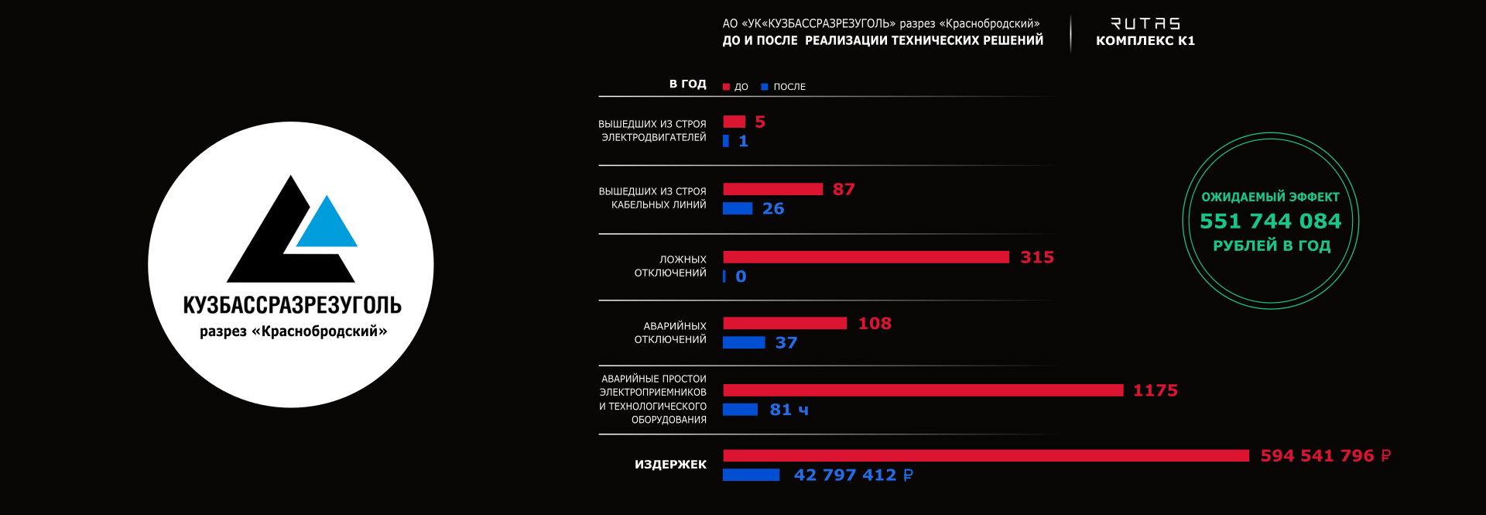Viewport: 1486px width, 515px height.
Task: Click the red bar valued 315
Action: pos(865,257)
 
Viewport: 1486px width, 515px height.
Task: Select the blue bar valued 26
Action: pos(738,208)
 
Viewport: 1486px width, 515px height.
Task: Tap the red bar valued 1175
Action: pos(923,390)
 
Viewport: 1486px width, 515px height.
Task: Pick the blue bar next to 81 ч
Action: pos(740,410)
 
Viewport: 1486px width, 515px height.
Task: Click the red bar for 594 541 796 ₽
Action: pos(985,456)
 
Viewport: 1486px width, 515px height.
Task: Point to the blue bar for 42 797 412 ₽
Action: pos(751,475)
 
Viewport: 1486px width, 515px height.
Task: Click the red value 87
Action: pos(844,190)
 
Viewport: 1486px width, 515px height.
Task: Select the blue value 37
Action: pos(786,343)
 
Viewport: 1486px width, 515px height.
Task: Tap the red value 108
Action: pos(875,324)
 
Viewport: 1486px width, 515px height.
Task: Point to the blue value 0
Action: pos(741,276)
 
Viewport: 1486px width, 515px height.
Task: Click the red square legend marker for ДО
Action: pos(726,87)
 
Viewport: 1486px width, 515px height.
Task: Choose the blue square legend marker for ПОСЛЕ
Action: pos(765,87)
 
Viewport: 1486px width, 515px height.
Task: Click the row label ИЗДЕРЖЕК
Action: pos(670,465)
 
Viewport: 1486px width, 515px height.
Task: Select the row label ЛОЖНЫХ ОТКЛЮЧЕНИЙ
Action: pos(670,266)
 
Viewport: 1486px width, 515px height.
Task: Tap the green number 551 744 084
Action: pos(1270,221)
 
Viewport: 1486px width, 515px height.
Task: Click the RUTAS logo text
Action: pos(1145,24)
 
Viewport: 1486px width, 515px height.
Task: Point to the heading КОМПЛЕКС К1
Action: pos(1145,41)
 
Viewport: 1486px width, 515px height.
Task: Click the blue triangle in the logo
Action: pos(327,225)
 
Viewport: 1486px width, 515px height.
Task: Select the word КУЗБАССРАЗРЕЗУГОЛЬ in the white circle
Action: pos(292,305)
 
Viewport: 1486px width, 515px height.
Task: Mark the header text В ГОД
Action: pos(687,84)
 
